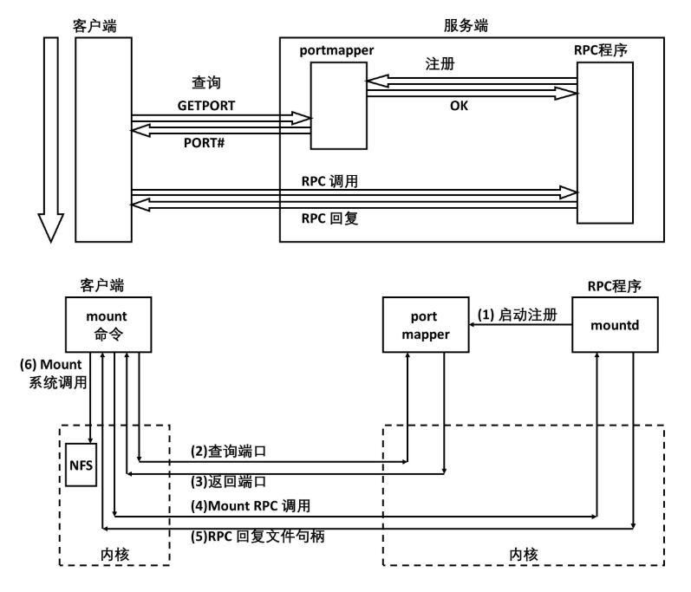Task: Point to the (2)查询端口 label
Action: pos(228,452)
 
